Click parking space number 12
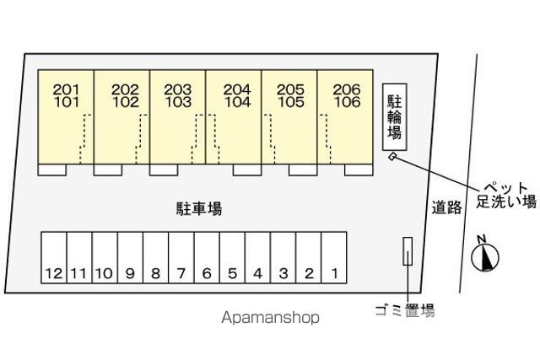(54, 257)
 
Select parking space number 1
(334, 257)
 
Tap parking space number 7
(181, 257)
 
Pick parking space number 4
(257, 257)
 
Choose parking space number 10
(105, 257)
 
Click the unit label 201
(66, 90)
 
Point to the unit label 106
(347, 102)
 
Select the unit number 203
(178, 90)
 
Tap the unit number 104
(237, 102)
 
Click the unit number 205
(290, 90)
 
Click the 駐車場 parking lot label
(199, 208)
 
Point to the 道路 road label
(446, 207)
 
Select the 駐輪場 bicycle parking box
(395, 117)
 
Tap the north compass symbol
(484, 255)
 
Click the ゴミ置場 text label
(404, 310)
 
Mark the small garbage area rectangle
(408, 251)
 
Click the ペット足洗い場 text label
(506, 195)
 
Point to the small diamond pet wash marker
(392, 157)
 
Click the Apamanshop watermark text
(270, 318)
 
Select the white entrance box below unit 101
(52, 170)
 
